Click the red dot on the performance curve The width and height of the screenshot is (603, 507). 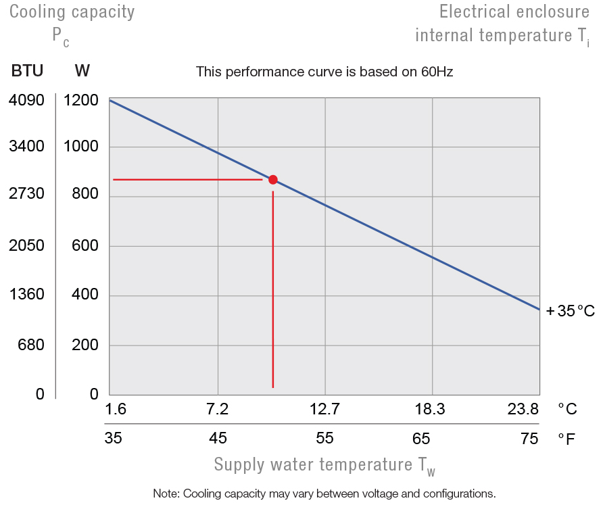tap(273, 179)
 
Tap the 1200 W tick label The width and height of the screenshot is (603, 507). tap(81, 101)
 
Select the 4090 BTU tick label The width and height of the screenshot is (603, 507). tap(26, 101)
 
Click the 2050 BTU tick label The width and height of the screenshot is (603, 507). tap(26, 246)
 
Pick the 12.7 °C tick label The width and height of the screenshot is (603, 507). tap(324, 409)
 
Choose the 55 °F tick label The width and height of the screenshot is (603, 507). tap(324, 438)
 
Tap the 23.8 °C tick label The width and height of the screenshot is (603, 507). tap(523, 409)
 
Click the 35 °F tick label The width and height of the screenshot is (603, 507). tap(113, 438)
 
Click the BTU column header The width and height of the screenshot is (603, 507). tap(27, 71)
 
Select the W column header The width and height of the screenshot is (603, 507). tap(82, 71)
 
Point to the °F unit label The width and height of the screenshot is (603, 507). tap(566, 439)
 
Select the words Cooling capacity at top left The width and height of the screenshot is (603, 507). tap(72, 12)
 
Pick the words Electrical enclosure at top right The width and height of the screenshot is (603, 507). tap(514, 12)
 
